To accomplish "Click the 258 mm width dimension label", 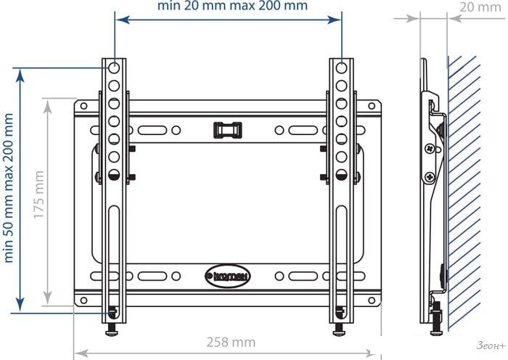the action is [231, 342].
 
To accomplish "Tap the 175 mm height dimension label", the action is [39, 195].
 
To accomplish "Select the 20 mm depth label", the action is [480, 7].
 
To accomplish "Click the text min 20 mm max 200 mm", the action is [232, 6].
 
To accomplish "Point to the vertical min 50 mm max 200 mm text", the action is [8, 188].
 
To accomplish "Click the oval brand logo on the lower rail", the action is [228, 277].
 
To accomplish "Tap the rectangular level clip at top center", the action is [228, 130].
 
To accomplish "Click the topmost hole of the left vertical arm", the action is [114, 68].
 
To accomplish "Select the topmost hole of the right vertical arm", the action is [342, 68].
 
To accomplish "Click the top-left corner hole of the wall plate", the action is [83, 106].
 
